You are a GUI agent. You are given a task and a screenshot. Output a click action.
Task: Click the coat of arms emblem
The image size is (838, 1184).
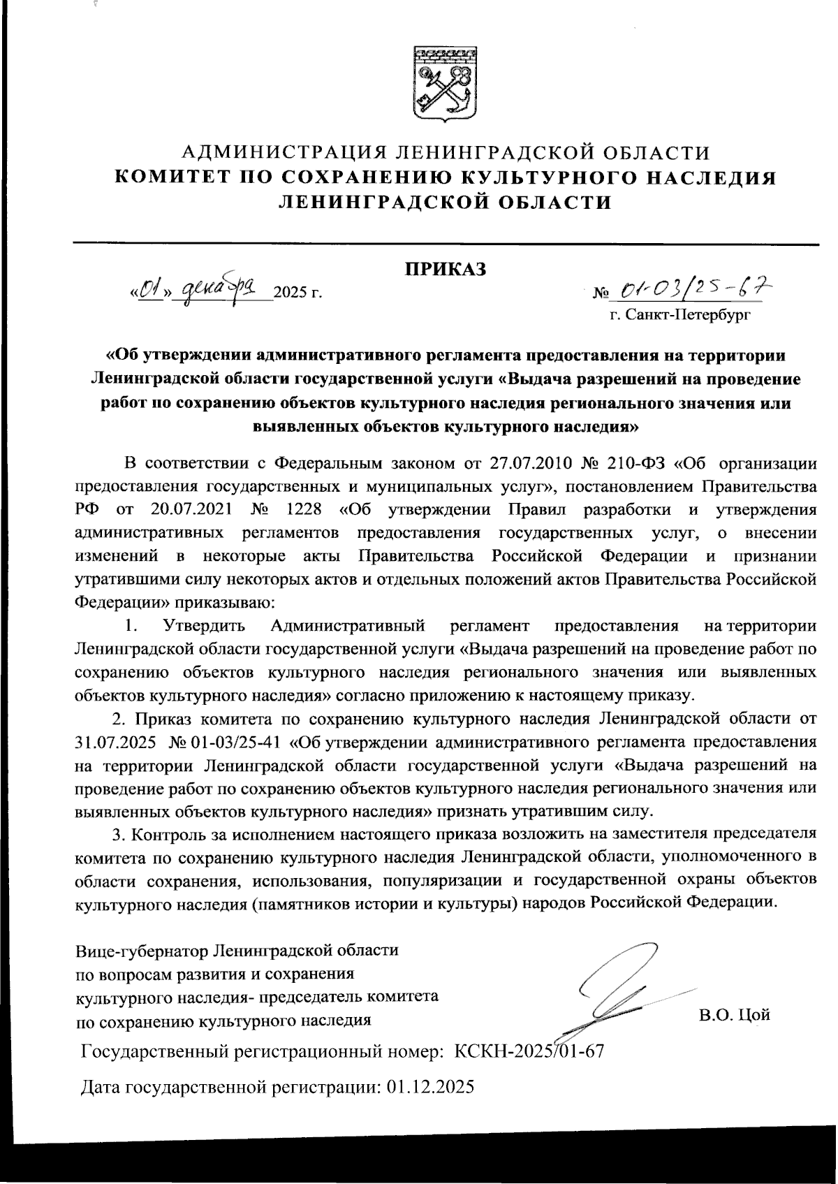click(x=446, y=84)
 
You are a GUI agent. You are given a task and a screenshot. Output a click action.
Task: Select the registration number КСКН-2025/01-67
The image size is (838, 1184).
click(x=529, y=1051)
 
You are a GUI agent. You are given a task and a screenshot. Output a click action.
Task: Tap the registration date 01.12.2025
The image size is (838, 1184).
click(x=429, y=1087)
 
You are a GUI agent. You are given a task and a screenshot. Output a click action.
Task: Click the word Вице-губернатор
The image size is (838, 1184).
click(x=140, y=951)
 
